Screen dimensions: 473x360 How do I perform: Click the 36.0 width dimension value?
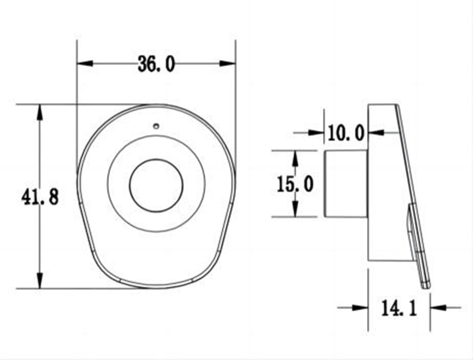tap(156, 64)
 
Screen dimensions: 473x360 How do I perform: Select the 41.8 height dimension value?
tap(40, 197)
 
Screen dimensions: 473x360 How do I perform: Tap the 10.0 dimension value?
tap(346, 133)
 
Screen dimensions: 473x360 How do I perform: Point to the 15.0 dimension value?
tap(295, 184)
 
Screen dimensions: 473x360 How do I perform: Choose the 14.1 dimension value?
tap(399, 308)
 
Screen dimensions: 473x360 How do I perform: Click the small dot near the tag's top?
tap(156, 126)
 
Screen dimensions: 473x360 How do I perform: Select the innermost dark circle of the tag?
tap(156, 185)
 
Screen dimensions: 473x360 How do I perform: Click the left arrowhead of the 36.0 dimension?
tap(85, 63)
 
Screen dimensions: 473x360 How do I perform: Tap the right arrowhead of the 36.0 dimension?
tap(228, 63)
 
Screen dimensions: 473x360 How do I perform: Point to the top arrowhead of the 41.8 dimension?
tap(40, 113)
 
